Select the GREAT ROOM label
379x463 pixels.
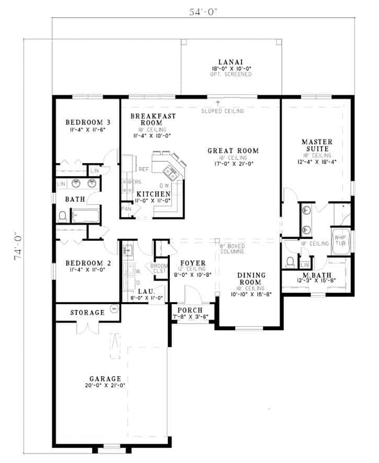pyautogui.click(x=233, y=151)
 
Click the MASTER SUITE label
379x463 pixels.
pyautogui.click(x=316, y=145)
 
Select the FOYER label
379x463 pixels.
pyautogui.click(x=193, y=263)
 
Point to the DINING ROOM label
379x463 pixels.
pyautogui.click(x=251, y=279)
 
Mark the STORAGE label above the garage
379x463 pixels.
pyautogui.click(x=87, y=312)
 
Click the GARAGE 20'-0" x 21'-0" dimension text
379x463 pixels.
pyautogui.click(x=105, y=386)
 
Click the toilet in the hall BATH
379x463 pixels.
pyautogui.click(x=62, y=215)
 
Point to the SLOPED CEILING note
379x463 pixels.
pyautogui.click(x=226, y=111)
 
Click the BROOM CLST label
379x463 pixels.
pyautogui.click(x=159, y=268)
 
